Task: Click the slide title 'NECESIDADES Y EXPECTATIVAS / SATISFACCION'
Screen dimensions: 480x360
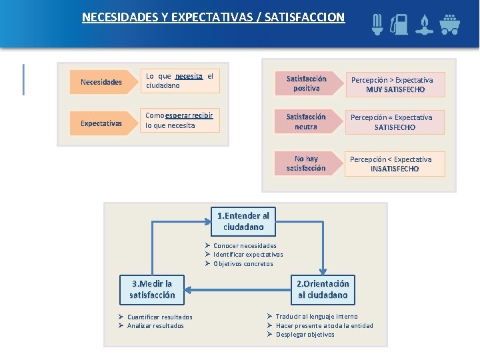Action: pos(213,17)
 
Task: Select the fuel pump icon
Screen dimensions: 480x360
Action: pos(400,24)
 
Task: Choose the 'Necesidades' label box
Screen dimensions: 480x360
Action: pos(101,82)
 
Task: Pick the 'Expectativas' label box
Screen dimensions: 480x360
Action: pos(101,123)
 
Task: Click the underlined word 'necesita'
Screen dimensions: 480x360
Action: pos(189,76)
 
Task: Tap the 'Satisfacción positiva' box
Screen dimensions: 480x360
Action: pos(306,83)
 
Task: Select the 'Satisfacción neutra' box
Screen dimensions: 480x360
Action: pos(306,121)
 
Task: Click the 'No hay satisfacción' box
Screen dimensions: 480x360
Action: pos(306,163)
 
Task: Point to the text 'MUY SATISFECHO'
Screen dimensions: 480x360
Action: pos(395,89)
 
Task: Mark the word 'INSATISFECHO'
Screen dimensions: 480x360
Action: pos(395,169)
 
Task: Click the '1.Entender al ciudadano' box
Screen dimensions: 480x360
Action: pos(243,221)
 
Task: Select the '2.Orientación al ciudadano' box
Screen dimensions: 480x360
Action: pos(323,289)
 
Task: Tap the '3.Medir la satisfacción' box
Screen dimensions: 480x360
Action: pos(152,289)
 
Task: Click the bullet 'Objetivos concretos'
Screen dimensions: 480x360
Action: pos(243,264)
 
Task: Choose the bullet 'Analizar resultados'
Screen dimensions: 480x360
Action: pos(156,326)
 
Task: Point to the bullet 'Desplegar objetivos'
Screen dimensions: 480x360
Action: pos(305,335)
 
